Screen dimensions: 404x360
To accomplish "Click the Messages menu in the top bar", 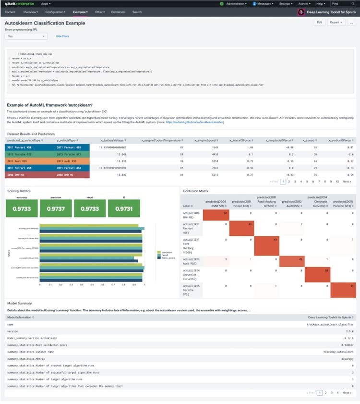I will coord(264,3).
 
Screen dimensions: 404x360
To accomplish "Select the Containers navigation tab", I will coord(118,12).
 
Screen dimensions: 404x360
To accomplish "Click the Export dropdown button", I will coord(336,22).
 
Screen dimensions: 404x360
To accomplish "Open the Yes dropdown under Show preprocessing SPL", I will coord(26,36).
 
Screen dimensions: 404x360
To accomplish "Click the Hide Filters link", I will coord(62,36).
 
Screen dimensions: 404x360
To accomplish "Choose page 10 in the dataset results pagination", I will coord(337,182).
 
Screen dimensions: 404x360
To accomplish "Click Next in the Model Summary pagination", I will coord(347,392).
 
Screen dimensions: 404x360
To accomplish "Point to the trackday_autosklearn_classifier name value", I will coord(331,324).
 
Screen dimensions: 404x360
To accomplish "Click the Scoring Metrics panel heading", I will coord(19,191).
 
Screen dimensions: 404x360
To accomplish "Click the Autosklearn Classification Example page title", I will coord(45,23).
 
